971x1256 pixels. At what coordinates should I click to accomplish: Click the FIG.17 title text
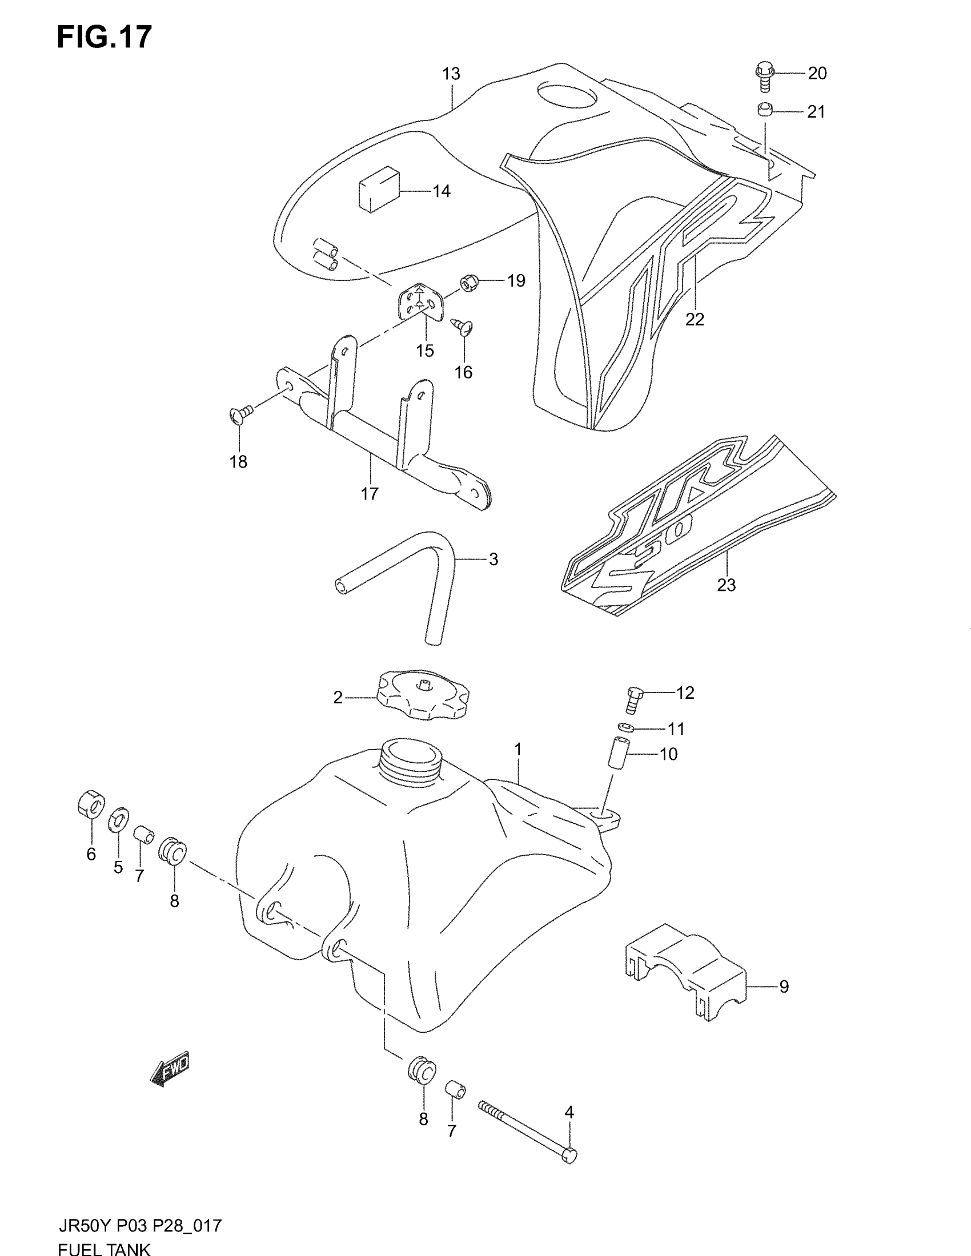(x=104, y=37)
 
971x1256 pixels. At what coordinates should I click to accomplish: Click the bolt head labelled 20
(x=764, y=72)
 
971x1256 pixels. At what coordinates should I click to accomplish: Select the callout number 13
(x=452, y=74)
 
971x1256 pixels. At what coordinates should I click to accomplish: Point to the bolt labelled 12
(x=635, y=698)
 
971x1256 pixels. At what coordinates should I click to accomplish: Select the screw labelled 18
(x=241, y=413)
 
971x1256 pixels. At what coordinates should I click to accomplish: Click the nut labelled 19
(x=469, y=283)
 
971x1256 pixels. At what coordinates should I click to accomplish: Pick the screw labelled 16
(x=463, y=327)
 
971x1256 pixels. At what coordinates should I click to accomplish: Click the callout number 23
(x=726, y=585)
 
